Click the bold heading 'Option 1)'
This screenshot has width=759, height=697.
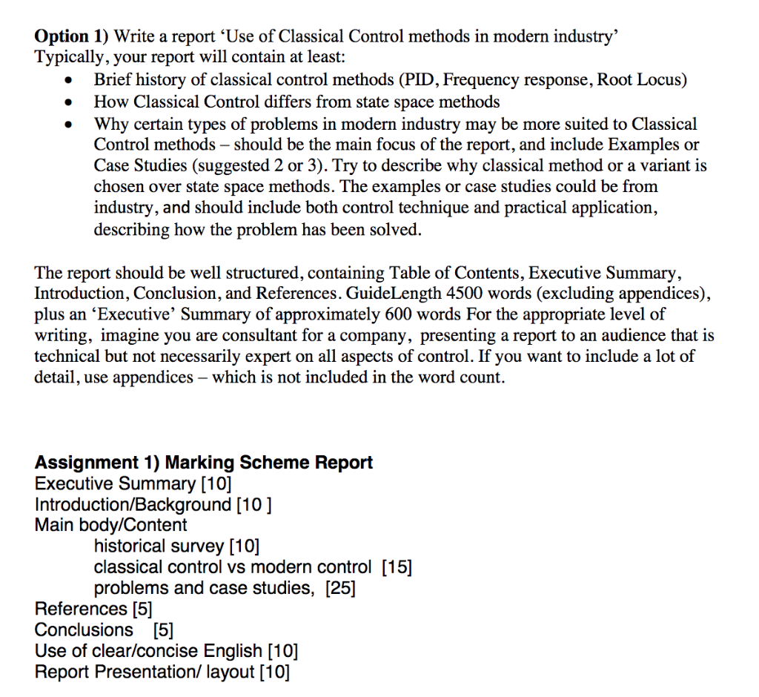pyautogui.click(x=71, y=36)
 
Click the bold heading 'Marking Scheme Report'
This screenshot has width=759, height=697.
pyautogui.click(x=268, y=463)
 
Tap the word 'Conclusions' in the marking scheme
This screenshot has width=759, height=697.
pyautogui.click(x=84, y=630)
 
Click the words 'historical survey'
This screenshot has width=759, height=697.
pyautogui.click(x=159, y=547)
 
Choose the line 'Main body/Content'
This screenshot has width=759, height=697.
pyautogui.click(x=110, y=526)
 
